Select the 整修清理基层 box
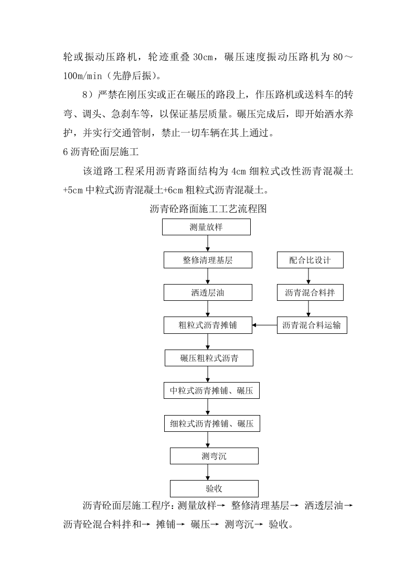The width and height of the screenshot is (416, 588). pos(208,260)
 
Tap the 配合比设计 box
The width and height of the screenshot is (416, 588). pos(310,260)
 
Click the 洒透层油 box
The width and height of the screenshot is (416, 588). pos(208,293)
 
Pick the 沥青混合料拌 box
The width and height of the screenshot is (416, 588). pos(310,293)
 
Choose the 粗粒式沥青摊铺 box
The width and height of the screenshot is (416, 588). pos(208,325)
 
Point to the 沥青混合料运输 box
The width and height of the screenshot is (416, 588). pos(312,325)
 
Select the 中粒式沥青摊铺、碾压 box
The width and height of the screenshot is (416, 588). pos(211,391)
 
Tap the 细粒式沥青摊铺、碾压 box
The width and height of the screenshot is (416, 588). pos(211,423)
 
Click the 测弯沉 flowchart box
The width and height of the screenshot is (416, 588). pos(214,456)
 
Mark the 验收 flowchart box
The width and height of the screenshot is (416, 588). pos(214,488)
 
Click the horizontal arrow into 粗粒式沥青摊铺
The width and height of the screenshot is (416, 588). pos(264,325)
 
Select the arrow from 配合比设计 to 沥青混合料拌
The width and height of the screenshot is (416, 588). pos(309,277)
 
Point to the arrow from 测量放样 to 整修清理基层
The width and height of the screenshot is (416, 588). pos(208,244)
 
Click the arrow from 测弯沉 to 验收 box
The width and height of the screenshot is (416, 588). pos(214,472)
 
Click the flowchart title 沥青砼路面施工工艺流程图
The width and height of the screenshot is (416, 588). pos(208,209)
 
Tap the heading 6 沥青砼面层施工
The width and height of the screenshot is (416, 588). pos(100,153)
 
